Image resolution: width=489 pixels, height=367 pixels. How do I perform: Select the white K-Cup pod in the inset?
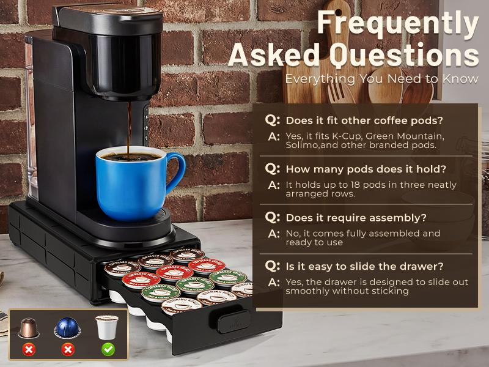coord(106,328)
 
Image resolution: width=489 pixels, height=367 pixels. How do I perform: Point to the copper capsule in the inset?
coord(28,328)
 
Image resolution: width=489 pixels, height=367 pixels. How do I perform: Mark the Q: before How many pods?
coord(273,169)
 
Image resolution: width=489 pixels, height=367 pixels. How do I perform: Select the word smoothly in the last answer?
coord(308,292)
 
